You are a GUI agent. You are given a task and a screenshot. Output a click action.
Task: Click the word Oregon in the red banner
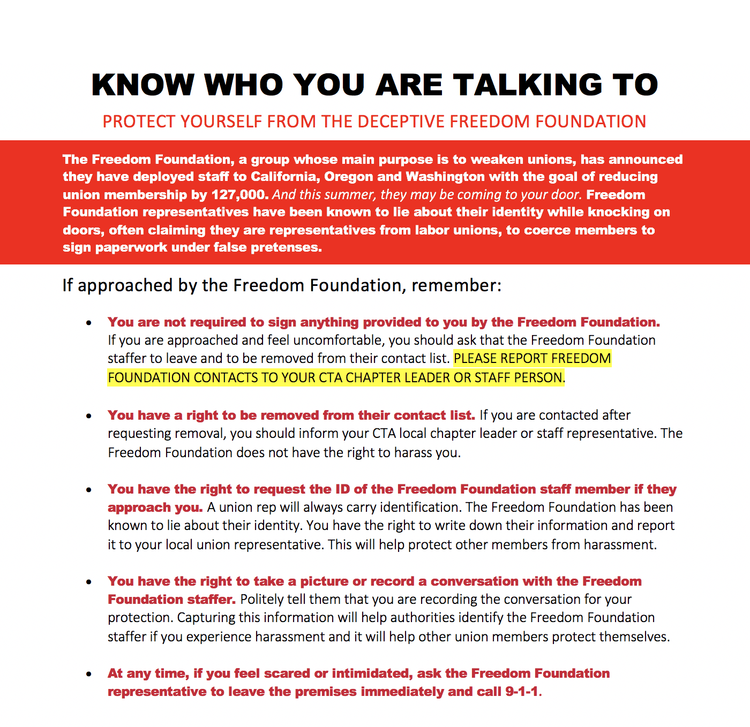click(x=349, y=177)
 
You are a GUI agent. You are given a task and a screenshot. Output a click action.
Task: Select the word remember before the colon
click(x=454, y=285)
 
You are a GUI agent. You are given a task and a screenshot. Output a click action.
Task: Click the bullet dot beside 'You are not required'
click(x=89, y=323)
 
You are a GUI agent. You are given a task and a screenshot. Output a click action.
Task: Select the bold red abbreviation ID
click(x=343, y=489)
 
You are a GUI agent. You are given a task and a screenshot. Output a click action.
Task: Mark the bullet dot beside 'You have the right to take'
click(x=89, y=582)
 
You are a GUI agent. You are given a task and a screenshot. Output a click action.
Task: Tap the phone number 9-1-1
click(x=521, y=692)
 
